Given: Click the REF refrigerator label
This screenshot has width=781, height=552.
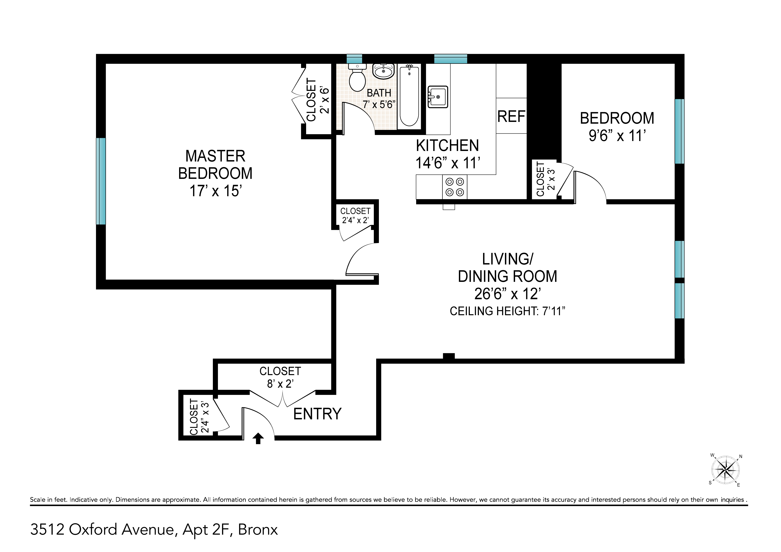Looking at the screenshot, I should [511, 117].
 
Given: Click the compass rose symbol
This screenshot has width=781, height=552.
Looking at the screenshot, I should [726, 470].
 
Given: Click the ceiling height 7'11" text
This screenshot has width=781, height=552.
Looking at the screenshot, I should [507, 311].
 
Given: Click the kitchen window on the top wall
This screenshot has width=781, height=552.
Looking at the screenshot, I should [450, 59].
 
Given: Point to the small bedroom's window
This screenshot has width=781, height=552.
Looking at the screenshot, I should [679, 131].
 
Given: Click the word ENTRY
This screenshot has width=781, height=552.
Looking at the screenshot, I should [317, 414].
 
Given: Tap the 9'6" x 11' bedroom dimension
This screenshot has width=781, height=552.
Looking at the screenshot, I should [617, 136].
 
